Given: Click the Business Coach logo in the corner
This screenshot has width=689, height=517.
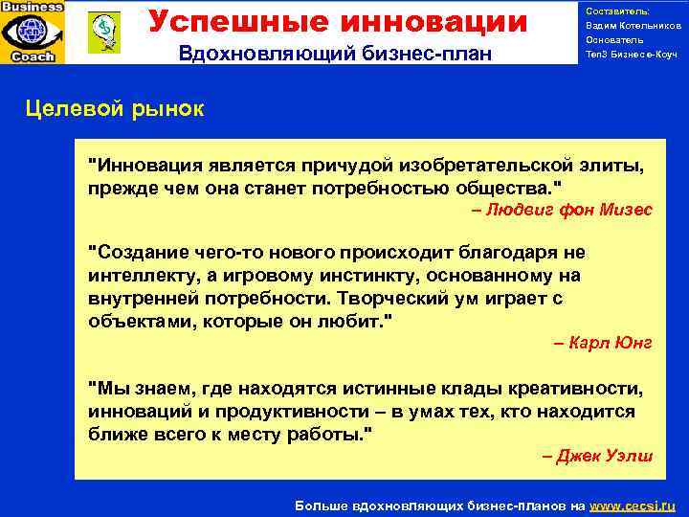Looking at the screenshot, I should (x=33, y=32).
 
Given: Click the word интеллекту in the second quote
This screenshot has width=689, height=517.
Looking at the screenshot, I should (x=139, y=276).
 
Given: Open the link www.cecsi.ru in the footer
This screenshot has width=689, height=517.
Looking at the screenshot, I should (x=633, y=505).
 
